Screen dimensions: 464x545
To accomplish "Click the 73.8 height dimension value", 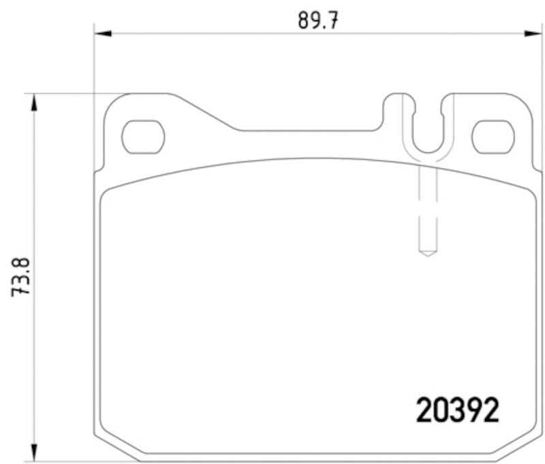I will (22, 275).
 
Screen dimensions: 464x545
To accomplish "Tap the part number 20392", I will (458, 410).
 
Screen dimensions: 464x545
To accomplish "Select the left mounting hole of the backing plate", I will (143, 136).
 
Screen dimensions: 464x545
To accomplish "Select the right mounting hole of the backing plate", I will (493, 136).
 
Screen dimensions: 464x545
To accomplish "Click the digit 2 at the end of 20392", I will (490, 410).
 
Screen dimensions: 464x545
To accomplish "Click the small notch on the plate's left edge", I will (97, 167).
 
